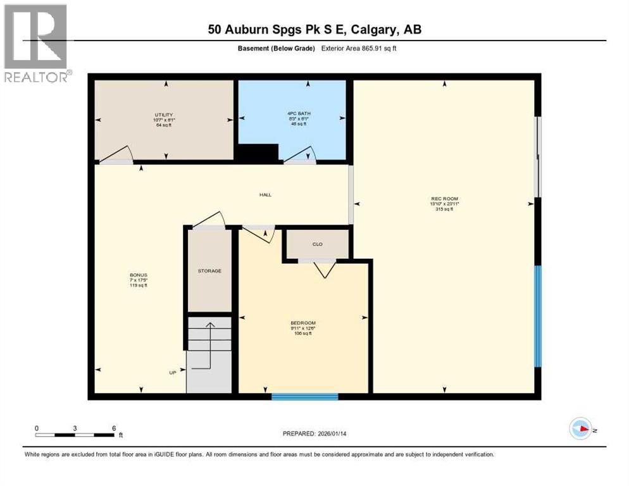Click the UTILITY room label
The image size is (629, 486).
(163, 115)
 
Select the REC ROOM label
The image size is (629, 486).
(444, 199)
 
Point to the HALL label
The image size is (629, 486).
(265, 194)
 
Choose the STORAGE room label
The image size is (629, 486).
(209, 271)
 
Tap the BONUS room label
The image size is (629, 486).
(138, 275)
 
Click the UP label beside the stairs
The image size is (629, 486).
(172, 373)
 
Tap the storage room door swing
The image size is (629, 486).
(209, 220)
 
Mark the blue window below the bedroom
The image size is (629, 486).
(305, 397)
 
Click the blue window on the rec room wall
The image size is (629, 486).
(538, 316)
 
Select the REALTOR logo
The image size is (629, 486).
(36, 43)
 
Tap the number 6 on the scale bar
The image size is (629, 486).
(114, 428)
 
